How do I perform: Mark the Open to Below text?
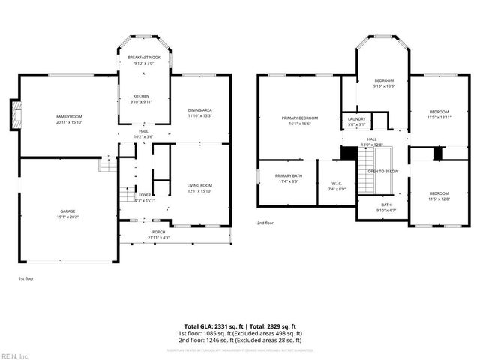(x=382, y=171)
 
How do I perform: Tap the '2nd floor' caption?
(x=265, y=223)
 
